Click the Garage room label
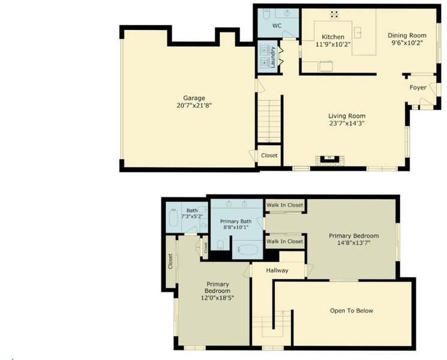click(x=194, y=98)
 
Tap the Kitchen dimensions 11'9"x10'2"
click(x=333, y=44)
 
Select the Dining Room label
click(x=407, y=35)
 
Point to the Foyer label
click(x=418, y=88)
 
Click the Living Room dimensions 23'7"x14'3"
click(x=347, y=124)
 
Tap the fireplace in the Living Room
click(x=330, y=160)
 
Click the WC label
click(x=277, y=26)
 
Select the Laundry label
click(x=273, y=57)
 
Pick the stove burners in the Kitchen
click(x=334, y=14)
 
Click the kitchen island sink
click(x=358, y=33)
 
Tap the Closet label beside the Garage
click(x=269, y=155)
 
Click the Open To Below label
click(x=352, y=311)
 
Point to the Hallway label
click(x=277, y=270)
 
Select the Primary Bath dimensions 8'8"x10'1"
click(x=236, y=227)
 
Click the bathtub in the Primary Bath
click(x=248, y=250)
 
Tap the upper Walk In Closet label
click(x=285, y=205)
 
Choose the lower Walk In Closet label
click(x=285, y=241)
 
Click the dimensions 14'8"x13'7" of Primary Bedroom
click(x=354, y=243)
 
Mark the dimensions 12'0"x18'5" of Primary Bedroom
click(x=218, y=298)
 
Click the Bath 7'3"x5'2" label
click(x=192, y=213)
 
